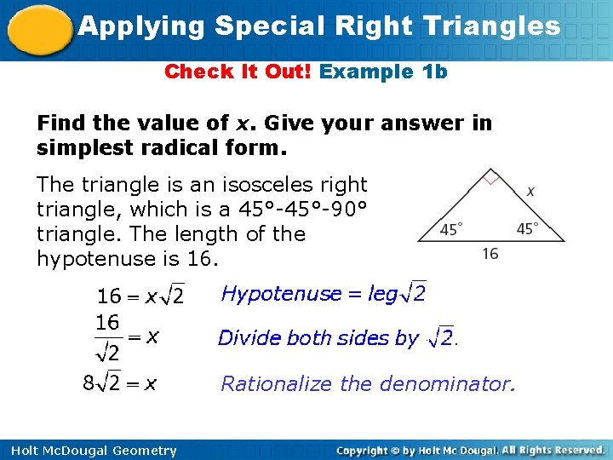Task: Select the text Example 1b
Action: (x=383, y=72)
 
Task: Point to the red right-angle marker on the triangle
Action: (x=490, y=179)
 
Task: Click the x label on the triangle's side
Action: (x=530, y=191)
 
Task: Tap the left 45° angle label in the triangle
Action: (x=451, y=229)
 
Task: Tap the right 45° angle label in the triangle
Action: (x=528, y=228)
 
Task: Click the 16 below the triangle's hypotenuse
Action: (x=490, y=254)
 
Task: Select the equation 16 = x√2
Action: (x=140, y=296)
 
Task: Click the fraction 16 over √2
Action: (x=108, y=336)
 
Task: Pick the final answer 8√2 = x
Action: (x=119, y=383)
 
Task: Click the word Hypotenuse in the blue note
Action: (x=268, y=294)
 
